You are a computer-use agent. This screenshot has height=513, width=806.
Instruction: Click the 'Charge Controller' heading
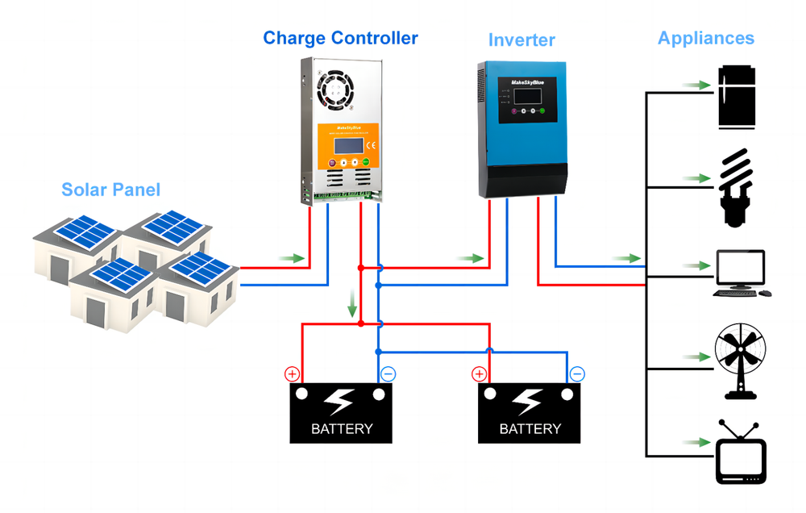340,38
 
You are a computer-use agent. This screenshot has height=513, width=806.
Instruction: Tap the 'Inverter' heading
521,40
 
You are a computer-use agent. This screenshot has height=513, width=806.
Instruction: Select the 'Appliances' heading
705,38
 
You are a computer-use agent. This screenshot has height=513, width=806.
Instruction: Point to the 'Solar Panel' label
111,190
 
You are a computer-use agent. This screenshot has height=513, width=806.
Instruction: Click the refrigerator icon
737,98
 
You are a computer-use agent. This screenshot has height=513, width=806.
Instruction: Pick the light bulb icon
737,185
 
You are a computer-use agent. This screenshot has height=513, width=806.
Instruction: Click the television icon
740,452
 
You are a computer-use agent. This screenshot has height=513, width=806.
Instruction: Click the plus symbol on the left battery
292,374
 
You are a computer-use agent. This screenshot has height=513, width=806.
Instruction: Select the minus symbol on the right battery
577,374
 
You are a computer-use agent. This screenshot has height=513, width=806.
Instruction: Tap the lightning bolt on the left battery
340,401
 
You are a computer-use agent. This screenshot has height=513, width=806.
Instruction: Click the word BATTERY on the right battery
530,428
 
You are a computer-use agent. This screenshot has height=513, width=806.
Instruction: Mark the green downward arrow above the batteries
351,306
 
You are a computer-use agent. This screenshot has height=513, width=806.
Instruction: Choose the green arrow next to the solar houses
296,258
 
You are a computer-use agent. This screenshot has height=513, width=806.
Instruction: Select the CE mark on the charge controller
371,146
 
